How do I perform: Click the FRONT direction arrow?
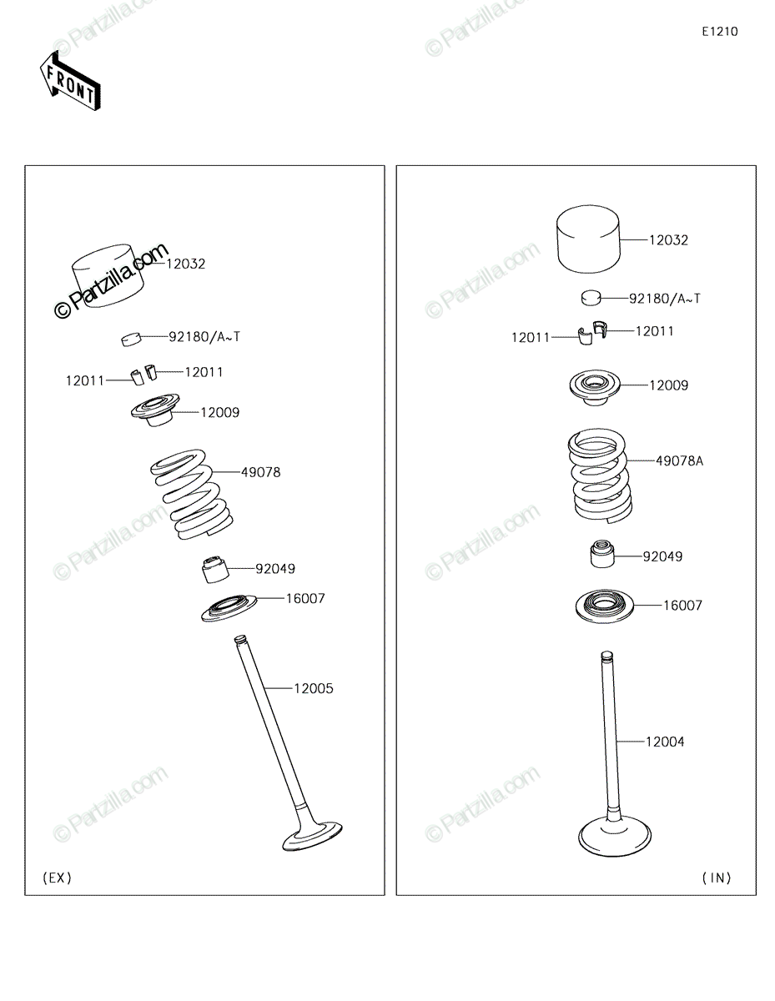pos(70,81)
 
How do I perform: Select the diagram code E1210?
pos(719,32)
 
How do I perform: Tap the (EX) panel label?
pos(57,878)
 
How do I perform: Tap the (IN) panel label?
pos(717,878)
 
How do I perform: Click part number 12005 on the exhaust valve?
pos(313,689)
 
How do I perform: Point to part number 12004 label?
pos(665,742)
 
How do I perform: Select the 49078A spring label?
pos(679,460)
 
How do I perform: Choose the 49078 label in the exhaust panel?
pos(260,473)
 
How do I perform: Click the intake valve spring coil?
pos(599,475)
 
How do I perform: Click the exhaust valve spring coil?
pos(192,494)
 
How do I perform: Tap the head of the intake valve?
pos(614,835)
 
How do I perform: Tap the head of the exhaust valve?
pos(312,835)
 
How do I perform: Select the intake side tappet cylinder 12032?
pos(588,239)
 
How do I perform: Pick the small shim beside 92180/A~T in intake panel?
pos(591,298)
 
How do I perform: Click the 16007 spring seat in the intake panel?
pos(604,606)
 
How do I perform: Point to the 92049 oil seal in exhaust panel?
pos(215,570)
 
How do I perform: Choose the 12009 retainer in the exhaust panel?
pos(155,410)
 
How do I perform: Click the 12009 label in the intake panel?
pos(668,385)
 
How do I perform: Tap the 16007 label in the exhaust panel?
pos(305,598)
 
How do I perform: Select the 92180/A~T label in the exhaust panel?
pos(204,337)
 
